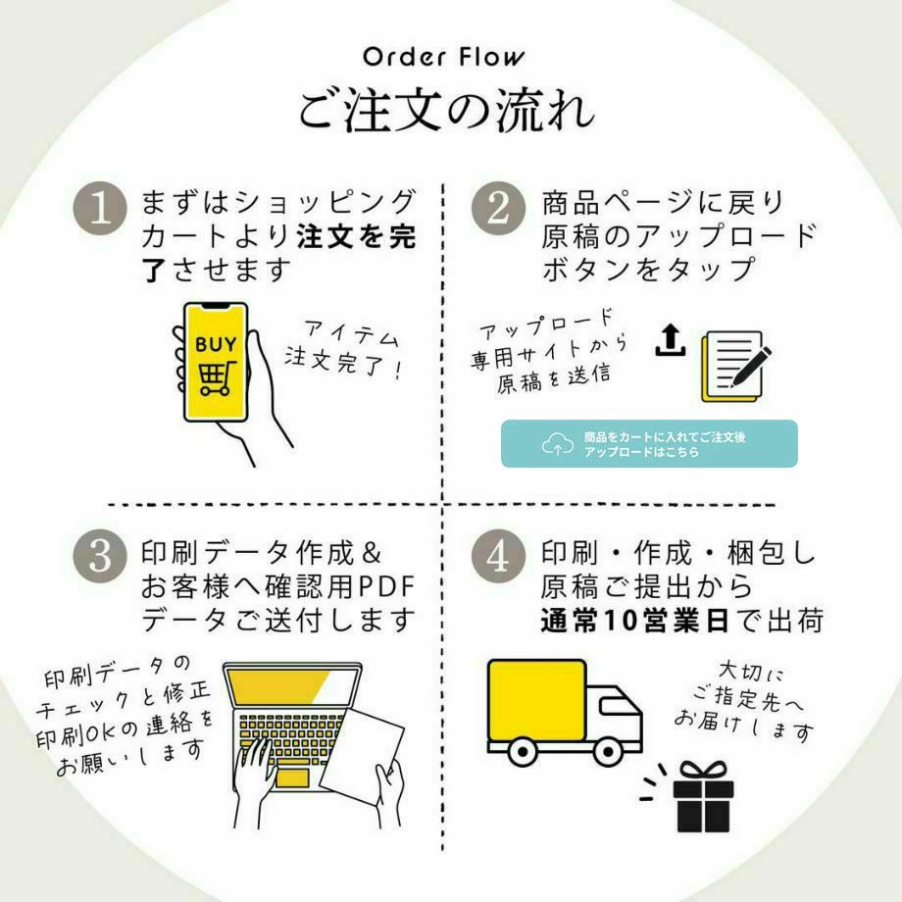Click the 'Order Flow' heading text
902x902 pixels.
pyautogui.click(x=444, y=57)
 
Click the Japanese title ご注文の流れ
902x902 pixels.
pyautogui.click(x=446, y=111)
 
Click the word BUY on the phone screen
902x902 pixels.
pyautogui.click(x=215, y=344)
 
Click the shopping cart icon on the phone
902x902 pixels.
pyautogui.click(x=215, y=377)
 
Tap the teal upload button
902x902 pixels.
pyautogui.click(x=648, y=444)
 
